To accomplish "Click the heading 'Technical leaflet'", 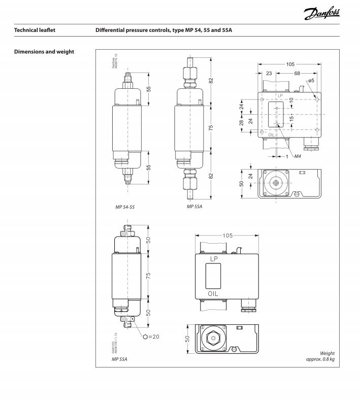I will pyautogui.click(x=35, y=30).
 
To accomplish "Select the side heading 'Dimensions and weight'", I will pyautogui.click(x=44, y=52).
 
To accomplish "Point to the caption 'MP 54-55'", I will pyautogui.click(x=125, y=207).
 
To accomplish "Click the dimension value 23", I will pyautogui.click(x=269, y=74).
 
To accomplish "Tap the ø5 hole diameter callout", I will pyautogui.click(x=311, y=81).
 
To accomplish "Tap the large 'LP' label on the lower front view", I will pyautogui.click(x=213, y=259).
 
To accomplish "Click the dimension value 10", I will pyautogui.click(x=291, y=102).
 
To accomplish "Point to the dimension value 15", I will pyautogui.click(x=291, y=118).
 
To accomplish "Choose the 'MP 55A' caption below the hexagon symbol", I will pyautogui.click(x=119, y=359).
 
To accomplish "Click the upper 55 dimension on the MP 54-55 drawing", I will pyautogui.click(x=149, y=88).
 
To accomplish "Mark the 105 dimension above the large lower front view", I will pyautogui.click(x=228, y=236).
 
